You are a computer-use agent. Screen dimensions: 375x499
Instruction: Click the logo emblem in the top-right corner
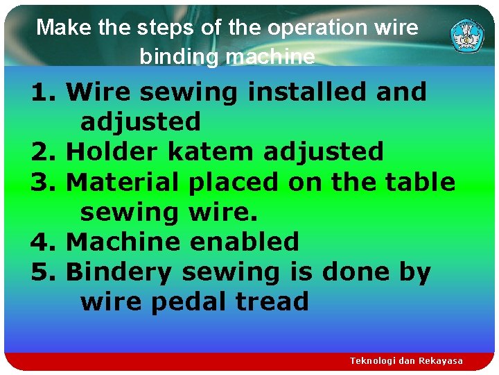[x=467, y=35]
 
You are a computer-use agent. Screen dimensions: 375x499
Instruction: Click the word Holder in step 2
[x=112, y=151]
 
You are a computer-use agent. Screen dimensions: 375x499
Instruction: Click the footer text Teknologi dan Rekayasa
[x=406, y=361]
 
